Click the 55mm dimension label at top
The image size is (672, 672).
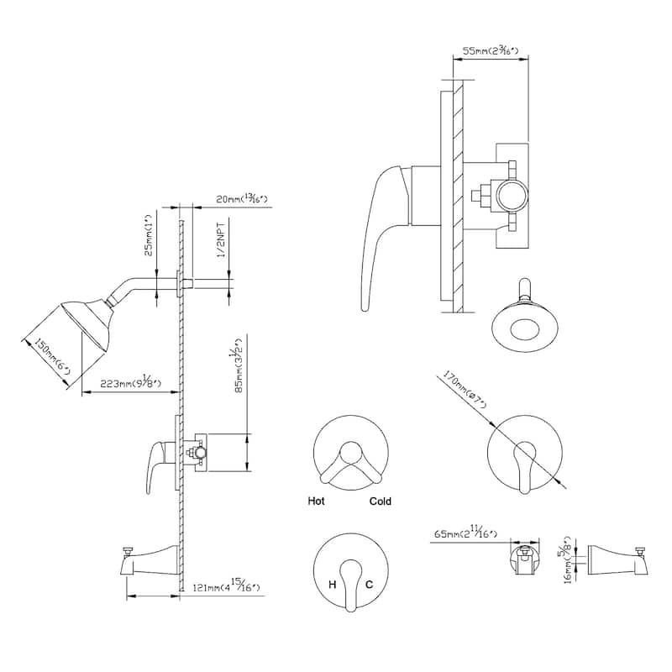tap(490, 51)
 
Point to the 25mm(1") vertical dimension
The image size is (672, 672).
tap(149, 238)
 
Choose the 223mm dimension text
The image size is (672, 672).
tap(133, 385)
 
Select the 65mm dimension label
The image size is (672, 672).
tap(466, 533)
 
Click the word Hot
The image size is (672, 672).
tap(316, 501)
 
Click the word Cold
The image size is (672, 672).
tap(380, 501)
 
